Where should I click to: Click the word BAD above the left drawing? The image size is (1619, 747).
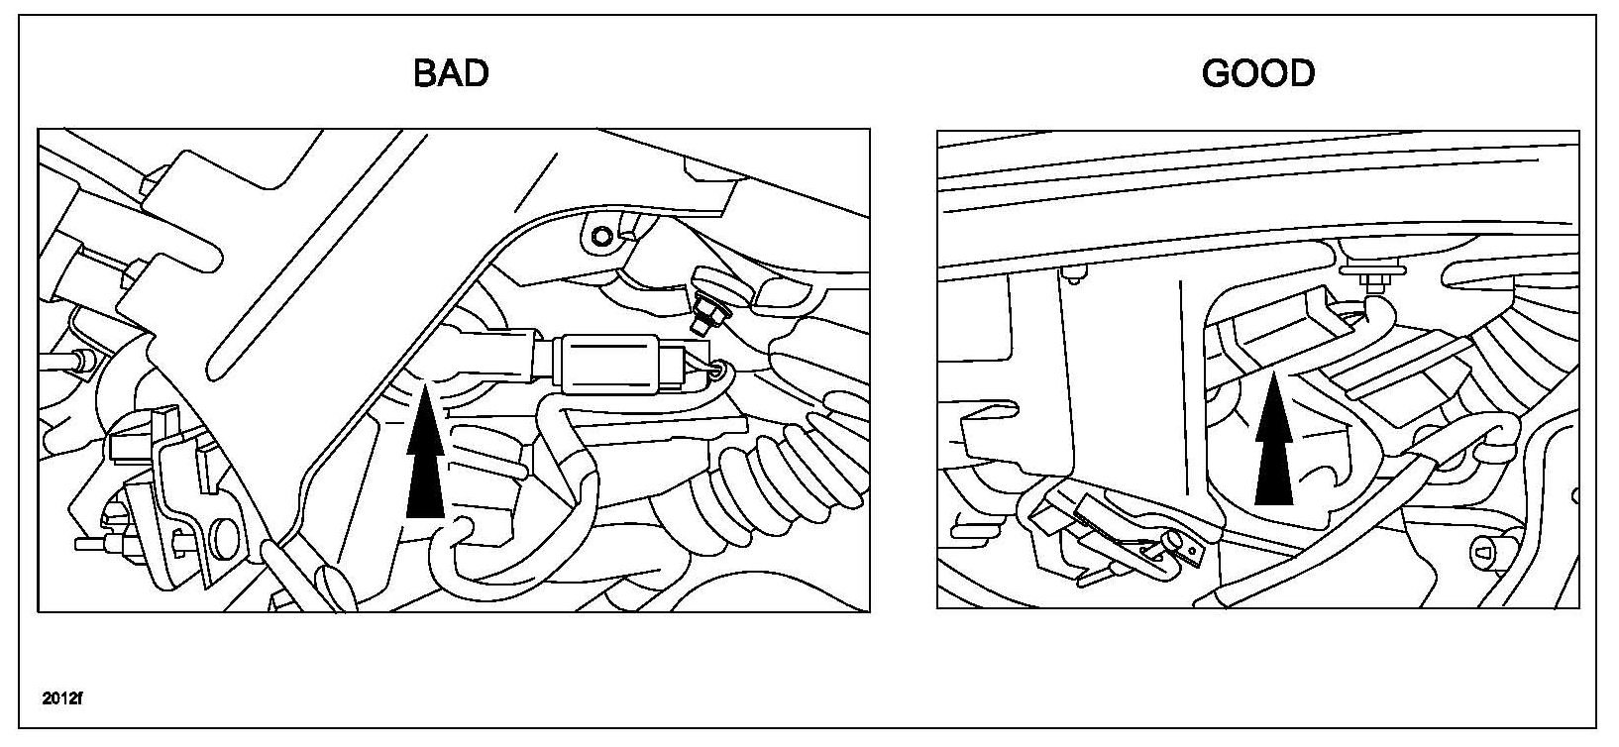[x=451, y=72]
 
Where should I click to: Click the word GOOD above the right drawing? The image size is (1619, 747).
[x=1257, y=72]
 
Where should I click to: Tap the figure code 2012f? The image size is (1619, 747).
[x=63, y=697]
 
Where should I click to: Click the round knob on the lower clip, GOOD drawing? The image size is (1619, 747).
[x=1173, y=540]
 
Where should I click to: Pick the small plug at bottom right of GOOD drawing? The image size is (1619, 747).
[x=1487, y=548]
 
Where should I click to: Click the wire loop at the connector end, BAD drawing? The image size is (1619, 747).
[x=724, y=372]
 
